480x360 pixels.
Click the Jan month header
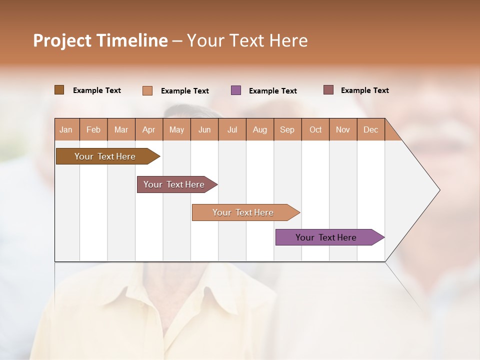coord(66,129)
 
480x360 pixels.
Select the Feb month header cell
coord(93,129)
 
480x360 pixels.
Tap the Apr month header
coord(148,129)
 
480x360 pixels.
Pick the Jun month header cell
coord(204,129)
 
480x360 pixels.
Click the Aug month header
coord(259,129)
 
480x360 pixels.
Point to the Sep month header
coord(287,129)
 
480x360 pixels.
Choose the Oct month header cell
coord(315,129)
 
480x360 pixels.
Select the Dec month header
coord(370,129)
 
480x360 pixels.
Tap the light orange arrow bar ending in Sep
coord(243,212)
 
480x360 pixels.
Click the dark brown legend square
coord(59,90)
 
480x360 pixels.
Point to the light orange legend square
coord(147,90)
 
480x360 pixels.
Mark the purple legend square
coord(236,90)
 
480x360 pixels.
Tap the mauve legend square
coord(328,90)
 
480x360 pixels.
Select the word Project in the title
coord(62,40)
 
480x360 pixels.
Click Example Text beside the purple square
coord(273,91)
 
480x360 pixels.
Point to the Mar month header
coord(121,129)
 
